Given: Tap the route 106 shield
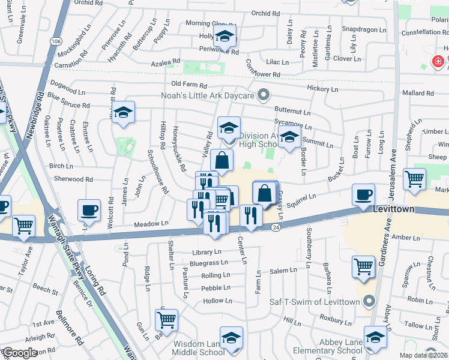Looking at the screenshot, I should [x=56, y=41].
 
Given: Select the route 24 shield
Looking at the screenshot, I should [x=276, y=227].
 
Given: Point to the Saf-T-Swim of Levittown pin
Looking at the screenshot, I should [x=369, y=301].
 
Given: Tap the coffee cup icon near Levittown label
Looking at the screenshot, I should [x=364, y=196].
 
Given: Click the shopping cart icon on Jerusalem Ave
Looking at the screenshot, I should [x=415, y=178].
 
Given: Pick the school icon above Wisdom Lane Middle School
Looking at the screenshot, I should [x=231, y=337].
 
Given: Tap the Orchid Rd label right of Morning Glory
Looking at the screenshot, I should [x=265, y=13].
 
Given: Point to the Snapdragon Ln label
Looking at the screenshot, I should [x=359, y=29].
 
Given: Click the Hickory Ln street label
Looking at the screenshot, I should [x=322, y=89].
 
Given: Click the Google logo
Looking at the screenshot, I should [x=20, y=353].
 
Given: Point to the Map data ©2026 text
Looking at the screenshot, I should [x=424, y=355].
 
